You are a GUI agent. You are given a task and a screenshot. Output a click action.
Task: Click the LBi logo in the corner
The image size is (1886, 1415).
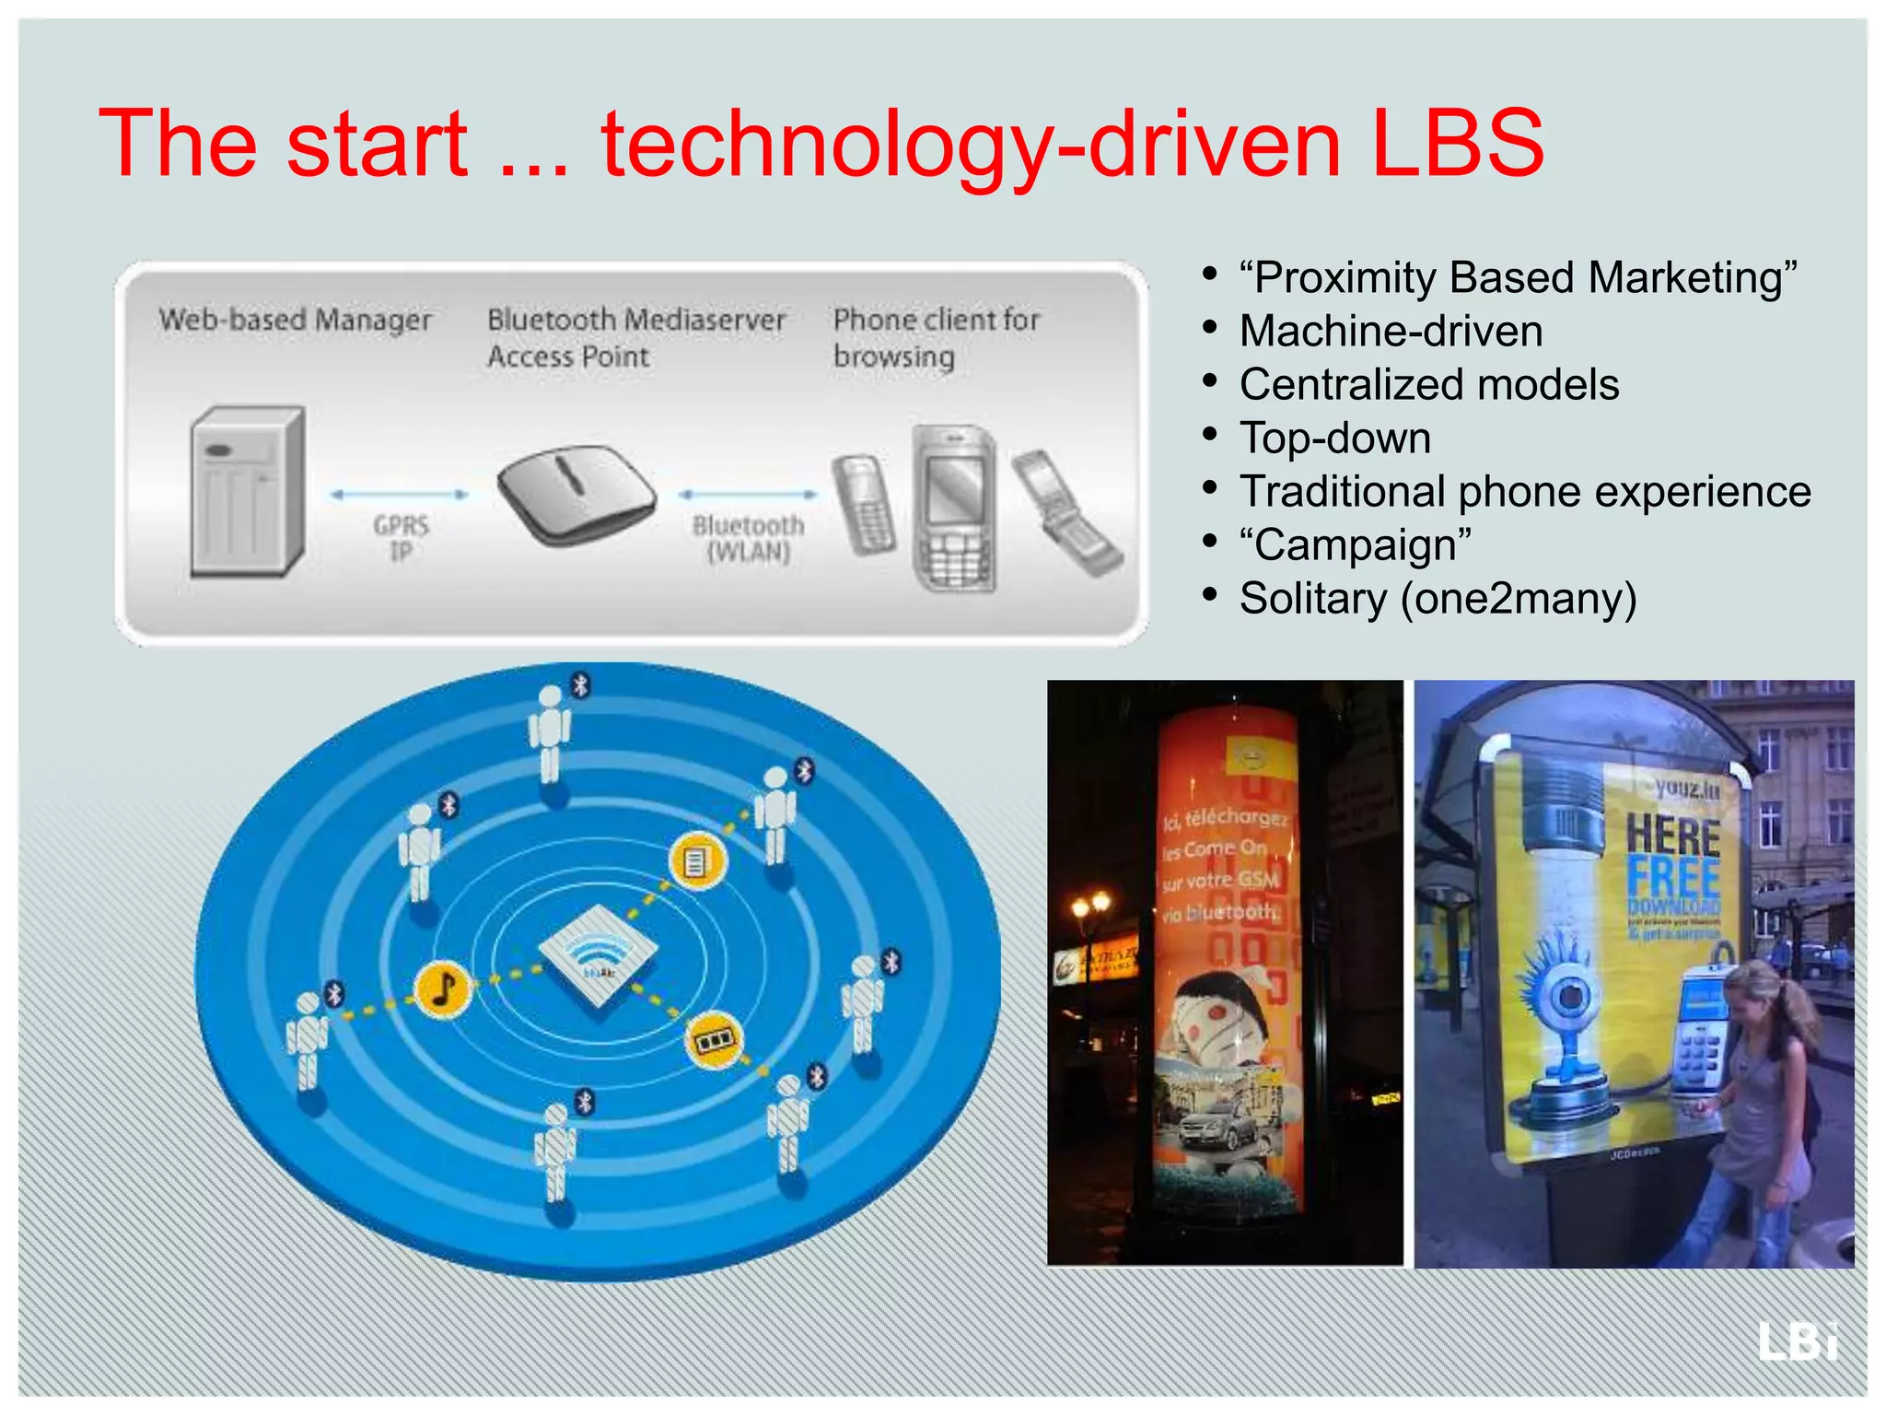[x=1797, y=1340]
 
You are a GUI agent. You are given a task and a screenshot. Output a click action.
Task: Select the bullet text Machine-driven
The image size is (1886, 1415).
[x=1391, y=332]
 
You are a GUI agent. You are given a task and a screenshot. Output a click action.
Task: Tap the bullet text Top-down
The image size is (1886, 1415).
[x=1335, y=439]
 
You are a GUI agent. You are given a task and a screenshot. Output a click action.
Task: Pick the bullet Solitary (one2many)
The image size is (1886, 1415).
[x=1438, y=599]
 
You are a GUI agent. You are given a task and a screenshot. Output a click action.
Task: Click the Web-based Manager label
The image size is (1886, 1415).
[x=295, y=320]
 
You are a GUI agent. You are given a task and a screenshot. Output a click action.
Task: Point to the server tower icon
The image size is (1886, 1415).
[x=247, y=492]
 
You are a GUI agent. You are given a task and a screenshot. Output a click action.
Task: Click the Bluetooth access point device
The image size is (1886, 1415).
[x=576, y=493]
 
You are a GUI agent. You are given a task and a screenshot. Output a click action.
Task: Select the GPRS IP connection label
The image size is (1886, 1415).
[x=401, y=538]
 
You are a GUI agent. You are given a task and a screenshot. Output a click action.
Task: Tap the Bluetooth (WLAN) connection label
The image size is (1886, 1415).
[x=748, y=538]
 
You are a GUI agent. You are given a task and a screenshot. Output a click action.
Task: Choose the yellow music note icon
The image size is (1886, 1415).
[x=444, y=989]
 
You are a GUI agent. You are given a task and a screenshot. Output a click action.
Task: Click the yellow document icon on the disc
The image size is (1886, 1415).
[x=697, y=861]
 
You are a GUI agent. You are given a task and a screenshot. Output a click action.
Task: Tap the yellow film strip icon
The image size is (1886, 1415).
[x=715, y=1040]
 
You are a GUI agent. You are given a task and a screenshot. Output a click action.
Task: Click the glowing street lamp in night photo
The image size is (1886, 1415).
[x=1090, y=907]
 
